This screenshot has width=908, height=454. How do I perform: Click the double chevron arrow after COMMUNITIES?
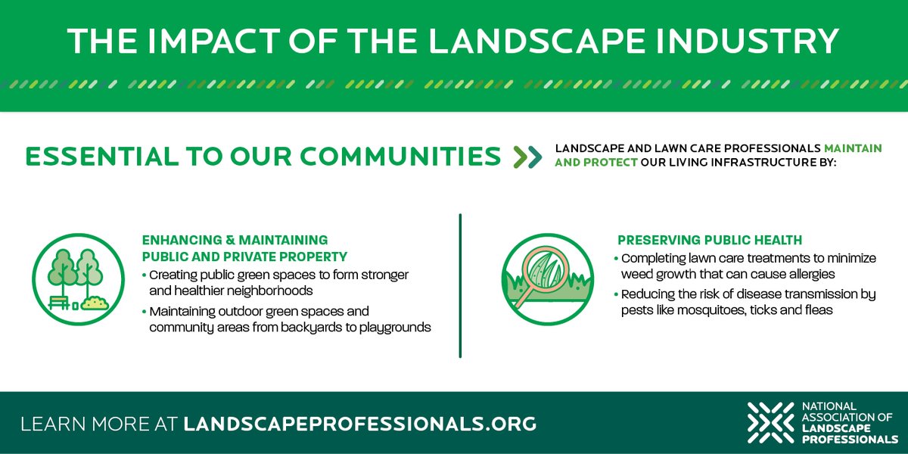click(527, 157)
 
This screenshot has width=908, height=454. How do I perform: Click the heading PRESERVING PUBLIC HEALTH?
click(709, 241)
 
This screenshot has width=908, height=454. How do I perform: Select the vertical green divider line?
click(460, 285)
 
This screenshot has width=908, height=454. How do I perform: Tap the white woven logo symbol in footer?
click(770, 423)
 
